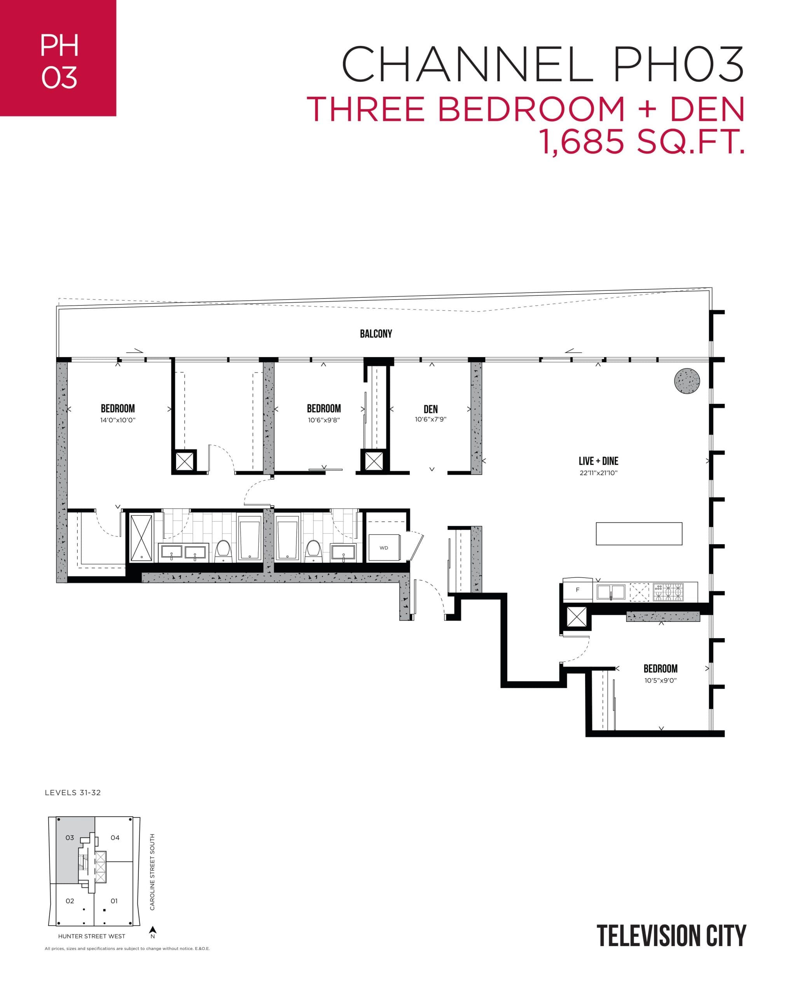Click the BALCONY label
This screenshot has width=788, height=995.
tap(376, 333)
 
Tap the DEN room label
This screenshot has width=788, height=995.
tap(430, 409)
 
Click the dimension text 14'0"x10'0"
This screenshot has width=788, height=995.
tap(118, 420)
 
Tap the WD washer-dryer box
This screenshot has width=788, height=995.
tap(384, 548)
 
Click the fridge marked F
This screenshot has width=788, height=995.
tap(577, 590)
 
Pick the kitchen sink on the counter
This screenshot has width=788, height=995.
tap(611, 592)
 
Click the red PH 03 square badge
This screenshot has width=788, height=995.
tap(58, 58)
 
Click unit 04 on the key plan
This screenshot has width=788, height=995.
tap(115, 837)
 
